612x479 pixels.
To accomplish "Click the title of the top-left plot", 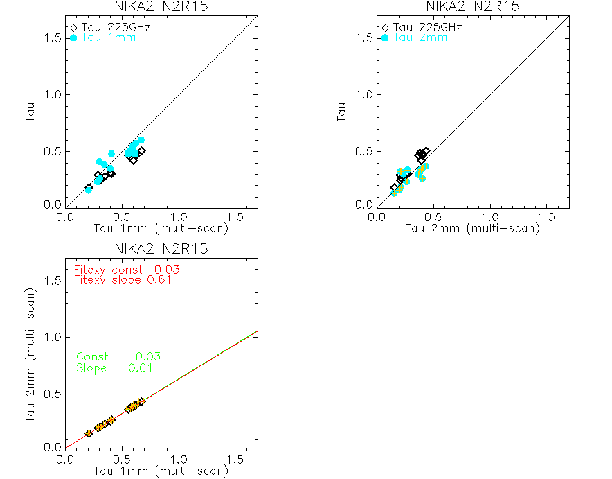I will coord(161,6).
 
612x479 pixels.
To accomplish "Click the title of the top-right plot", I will coord(472,6).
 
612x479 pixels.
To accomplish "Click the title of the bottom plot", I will coord(161,249).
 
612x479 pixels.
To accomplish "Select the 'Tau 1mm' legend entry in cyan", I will coord(108,37).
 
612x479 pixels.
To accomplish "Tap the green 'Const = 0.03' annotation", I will coord(118,356).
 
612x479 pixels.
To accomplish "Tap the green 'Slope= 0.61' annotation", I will coord(114,368).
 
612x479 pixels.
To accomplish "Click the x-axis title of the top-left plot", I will coord(161,229).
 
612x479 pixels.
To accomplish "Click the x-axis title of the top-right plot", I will coord(472,229).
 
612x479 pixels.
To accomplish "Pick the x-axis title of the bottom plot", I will coord(161,471).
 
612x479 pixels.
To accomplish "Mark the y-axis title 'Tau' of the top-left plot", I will coord(31,112).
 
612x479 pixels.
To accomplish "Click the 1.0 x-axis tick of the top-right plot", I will coord(491,217).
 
